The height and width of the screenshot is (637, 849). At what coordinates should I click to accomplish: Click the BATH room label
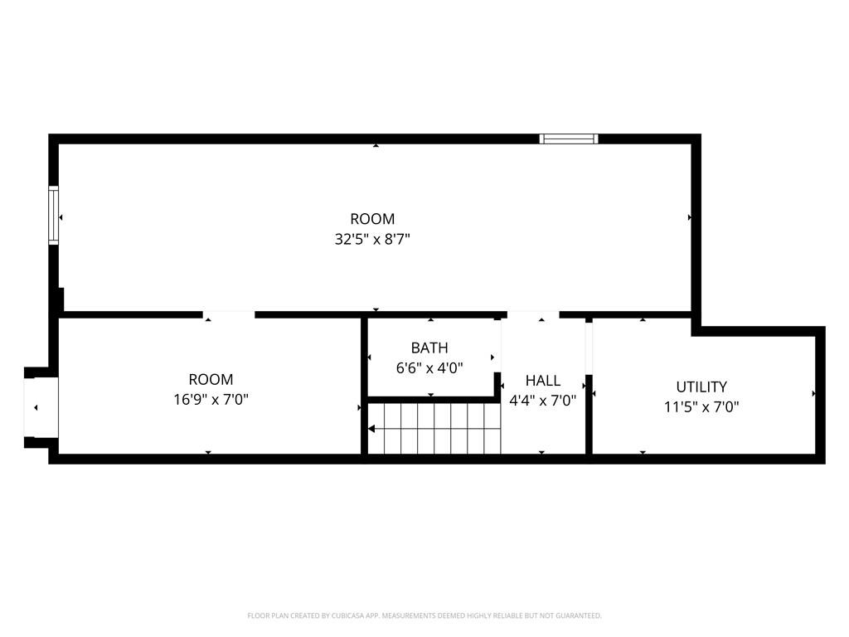[429, 348]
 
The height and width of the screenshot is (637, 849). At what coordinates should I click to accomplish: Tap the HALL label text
[543, 381]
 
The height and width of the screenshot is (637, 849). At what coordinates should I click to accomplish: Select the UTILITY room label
[701, 387]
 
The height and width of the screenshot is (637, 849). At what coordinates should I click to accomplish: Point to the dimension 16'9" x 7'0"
[211, 400]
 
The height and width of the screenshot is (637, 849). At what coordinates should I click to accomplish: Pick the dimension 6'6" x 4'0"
[429, 367]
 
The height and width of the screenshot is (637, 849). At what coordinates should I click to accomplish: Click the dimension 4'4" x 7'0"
[543, 400]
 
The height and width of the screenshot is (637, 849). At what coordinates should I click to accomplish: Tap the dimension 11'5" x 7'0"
[701, 406]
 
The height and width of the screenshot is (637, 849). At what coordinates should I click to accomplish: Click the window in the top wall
[568, 139]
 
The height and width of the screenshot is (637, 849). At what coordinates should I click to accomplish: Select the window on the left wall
[54, 215]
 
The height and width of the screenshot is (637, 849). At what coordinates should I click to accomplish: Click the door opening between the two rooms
[229, 314]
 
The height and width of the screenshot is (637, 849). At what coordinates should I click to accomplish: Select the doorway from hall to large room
[532, 314]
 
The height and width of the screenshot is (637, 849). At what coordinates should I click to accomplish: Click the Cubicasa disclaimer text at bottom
[424, 615]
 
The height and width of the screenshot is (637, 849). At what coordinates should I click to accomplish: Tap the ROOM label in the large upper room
[372, 219]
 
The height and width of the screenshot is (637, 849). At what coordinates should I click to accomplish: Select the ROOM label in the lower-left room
[211, 380]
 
